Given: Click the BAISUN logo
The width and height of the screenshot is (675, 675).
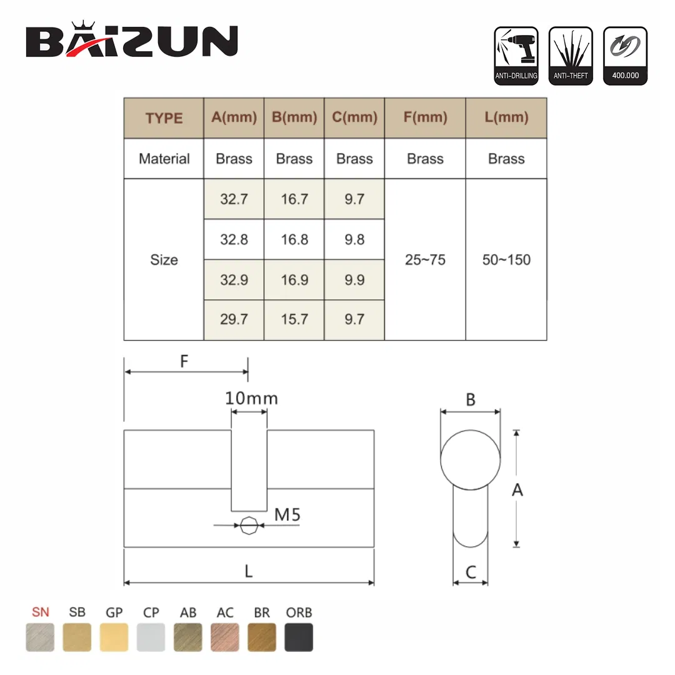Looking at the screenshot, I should coord(132,41).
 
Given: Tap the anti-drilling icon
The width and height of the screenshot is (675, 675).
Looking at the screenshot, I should coord(516,56).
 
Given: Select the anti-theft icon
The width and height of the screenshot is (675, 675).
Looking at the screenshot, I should coord(571,56).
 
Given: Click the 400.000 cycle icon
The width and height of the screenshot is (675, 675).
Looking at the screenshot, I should coord(625,56).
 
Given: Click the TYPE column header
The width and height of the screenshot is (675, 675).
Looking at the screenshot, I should coord(164,118).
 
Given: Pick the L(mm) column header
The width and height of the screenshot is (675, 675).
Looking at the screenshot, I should coord(506,117).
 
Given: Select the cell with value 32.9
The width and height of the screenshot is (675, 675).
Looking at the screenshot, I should coord(234,279).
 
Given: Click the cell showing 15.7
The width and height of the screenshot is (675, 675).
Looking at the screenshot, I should coord(294,319).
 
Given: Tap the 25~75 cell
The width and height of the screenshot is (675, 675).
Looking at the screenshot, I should coord(425,260).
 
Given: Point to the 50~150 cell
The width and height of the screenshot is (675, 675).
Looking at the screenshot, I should coord(506,260).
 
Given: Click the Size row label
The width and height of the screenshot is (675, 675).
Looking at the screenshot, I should coord(164,260).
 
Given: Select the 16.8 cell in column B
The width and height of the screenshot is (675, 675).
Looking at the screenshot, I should coord(294,239).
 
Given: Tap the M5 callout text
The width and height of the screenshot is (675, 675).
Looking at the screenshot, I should coord(288,515).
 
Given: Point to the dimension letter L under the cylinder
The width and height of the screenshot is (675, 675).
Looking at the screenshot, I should coord(249,571).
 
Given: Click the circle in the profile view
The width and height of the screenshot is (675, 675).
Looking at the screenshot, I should coord(471,461).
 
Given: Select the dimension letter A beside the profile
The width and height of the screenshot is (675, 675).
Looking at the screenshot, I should coord(517,490).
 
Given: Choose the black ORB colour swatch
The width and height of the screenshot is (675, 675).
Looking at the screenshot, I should coord(299,637).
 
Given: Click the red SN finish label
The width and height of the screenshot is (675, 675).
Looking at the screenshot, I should coord(40,612).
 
